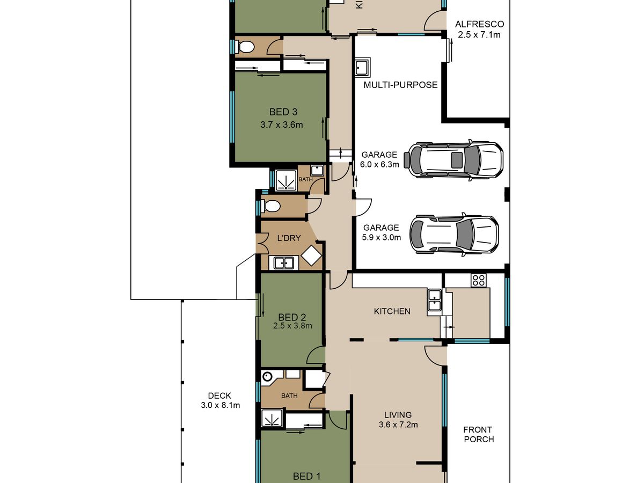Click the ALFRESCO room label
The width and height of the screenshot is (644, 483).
point(479,24)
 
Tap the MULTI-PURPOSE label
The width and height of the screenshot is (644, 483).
point(400,85)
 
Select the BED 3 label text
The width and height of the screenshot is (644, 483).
point(283,112)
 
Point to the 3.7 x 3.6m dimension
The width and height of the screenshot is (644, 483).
point(282,125)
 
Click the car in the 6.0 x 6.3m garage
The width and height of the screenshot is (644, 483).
point(453,160)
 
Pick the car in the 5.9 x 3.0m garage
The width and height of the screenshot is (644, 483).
point(454,235)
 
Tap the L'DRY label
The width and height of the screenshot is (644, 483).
point(289,238)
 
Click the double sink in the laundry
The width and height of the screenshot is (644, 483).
point(284,263)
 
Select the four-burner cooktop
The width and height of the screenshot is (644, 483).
point(479,280)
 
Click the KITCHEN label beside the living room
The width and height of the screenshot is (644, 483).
point(392,311)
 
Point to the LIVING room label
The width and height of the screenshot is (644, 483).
point(398,415)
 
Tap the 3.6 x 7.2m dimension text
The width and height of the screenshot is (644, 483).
point(398,425)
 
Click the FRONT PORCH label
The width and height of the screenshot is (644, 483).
point(479,435)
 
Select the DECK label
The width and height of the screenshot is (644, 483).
point(219,396)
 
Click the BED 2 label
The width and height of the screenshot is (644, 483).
point(292,317)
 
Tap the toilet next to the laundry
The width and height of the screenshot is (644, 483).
point(270,206)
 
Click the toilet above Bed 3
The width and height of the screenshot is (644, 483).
point(244,46)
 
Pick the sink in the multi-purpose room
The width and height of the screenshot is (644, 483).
point(363,67)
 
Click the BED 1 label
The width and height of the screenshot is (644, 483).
point(306,477)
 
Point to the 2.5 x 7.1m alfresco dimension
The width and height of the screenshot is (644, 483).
point(479,35)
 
